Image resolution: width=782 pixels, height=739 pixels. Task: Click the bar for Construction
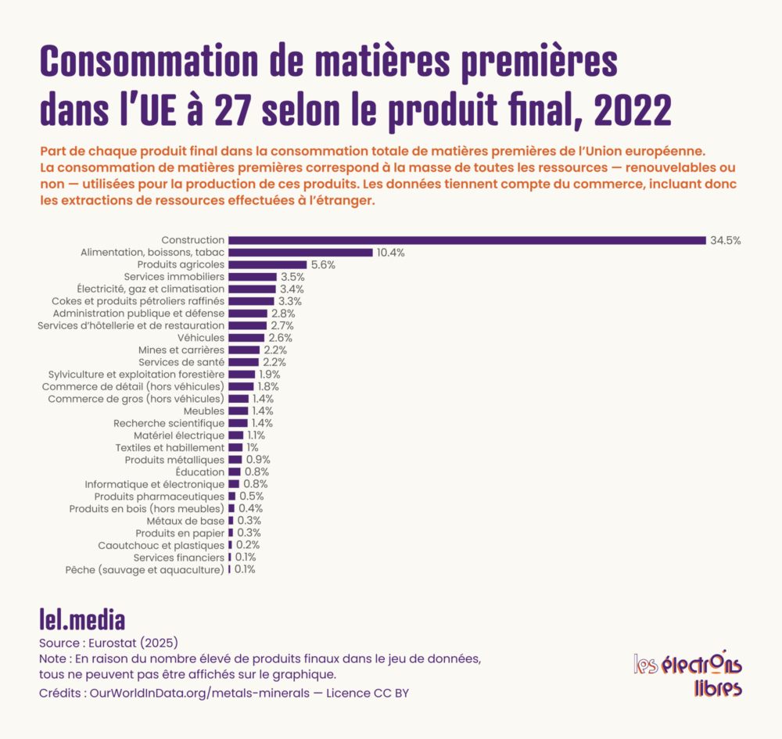pos(467,240)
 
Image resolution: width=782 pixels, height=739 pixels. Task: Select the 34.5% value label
pos(725,240)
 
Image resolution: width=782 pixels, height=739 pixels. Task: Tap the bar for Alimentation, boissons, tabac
pos(300,253)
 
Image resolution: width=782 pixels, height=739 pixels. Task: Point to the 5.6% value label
pos(323,265)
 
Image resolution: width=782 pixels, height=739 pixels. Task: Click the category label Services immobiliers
pos(174,277)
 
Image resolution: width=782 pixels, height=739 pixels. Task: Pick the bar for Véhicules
pos(246,338)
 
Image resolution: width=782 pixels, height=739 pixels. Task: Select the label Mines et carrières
pos(181,350)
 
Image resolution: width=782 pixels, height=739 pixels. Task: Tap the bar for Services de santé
pos(243,362)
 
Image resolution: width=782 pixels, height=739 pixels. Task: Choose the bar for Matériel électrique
pos(236,436)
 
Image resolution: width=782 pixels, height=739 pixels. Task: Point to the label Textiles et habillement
pos(170,447)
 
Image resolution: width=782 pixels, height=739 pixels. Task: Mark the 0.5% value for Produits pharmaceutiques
pos(251,496)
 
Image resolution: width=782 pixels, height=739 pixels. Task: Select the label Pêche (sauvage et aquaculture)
pos(145,569)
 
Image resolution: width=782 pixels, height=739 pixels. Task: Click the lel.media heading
pos(82,619)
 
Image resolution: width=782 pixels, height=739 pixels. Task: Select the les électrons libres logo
pos(687,674)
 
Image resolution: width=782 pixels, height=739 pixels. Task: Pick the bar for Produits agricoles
pos(267,265)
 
